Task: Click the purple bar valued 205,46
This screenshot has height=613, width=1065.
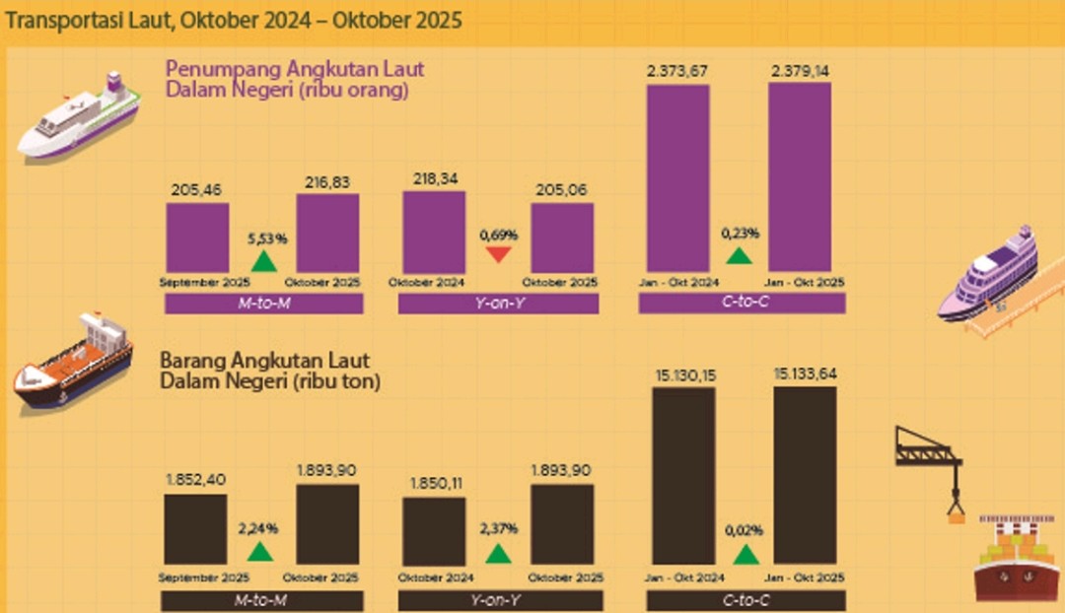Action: tap(196, 238)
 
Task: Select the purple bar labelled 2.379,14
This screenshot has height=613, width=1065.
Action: tap(800, 176)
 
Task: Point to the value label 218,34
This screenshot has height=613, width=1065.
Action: tap(434, 180)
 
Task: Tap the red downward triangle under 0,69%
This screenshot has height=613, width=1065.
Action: tap(498, 256)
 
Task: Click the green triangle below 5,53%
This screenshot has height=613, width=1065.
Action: tap(263, 261)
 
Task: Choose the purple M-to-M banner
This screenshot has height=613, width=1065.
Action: tap(263, 304)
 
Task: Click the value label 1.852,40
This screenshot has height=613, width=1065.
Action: tap(195, 480)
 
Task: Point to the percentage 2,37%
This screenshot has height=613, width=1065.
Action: tap(498, 528)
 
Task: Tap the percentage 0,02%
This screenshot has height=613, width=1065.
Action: tap(746, 530)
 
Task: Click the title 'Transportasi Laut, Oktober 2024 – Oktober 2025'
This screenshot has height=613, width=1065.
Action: tap(234, 20)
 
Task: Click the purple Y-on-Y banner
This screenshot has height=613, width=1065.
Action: tap(498, 304)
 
